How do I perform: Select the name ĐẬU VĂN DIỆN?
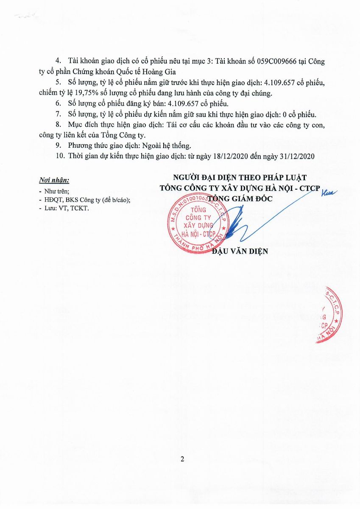click(240, 251)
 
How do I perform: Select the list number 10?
click(60, 156)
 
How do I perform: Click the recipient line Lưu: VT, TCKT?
click(66, 208)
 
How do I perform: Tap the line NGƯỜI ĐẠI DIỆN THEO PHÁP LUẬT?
click(240, 177)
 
